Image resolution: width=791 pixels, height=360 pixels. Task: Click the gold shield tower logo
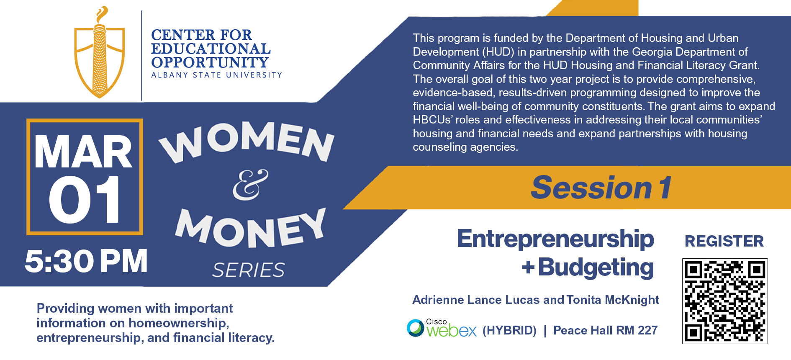pyautogui.click(x=100, y=52)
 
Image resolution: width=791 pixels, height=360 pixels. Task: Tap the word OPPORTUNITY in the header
pyautogui.click(x=210, y=62)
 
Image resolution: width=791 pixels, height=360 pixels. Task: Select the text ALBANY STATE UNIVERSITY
pyautogui.click(x=217, y=75)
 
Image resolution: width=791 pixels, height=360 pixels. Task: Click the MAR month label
pyautogui.click(x=83, y=152)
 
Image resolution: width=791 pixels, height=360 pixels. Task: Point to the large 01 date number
pyautogui.click(x=85, y=199)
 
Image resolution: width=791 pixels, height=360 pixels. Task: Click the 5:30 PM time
pyautogui.click(x=86, y=261)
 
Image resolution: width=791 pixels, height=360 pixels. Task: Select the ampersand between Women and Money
pyautogui.click(x=250, y=185)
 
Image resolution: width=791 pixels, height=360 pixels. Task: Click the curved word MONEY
pyautogui.click(x=250, y=228)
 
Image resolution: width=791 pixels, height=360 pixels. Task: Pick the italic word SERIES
pyautogui.click(x=249, y=270)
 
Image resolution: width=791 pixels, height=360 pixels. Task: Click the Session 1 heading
pyautogui.click(x=601, y=188)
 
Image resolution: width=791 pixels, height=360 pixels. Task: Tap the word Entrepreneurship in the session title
pyautogui.click(x=555, y=239)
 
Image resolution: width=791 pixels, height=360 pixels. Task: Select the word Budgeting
pyautogui.click(x=596, y=267)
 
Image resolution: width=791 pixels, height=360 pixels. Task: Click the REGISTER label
pyautogui.click(x=724, y=241)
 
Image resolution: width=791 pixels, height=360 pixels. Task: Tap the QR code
pyautogui.click(x=725, y=301)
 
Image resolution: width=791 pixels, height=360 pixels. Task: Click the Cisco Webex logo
pyautogui.click(x=442, y=328)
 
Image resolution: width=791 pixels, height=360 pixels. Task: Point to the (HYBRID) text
pyautogui.click(x=509, y=331)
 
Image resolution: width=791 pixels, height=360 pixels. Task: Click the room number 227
pyautogui.click(x=647, y=330)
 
